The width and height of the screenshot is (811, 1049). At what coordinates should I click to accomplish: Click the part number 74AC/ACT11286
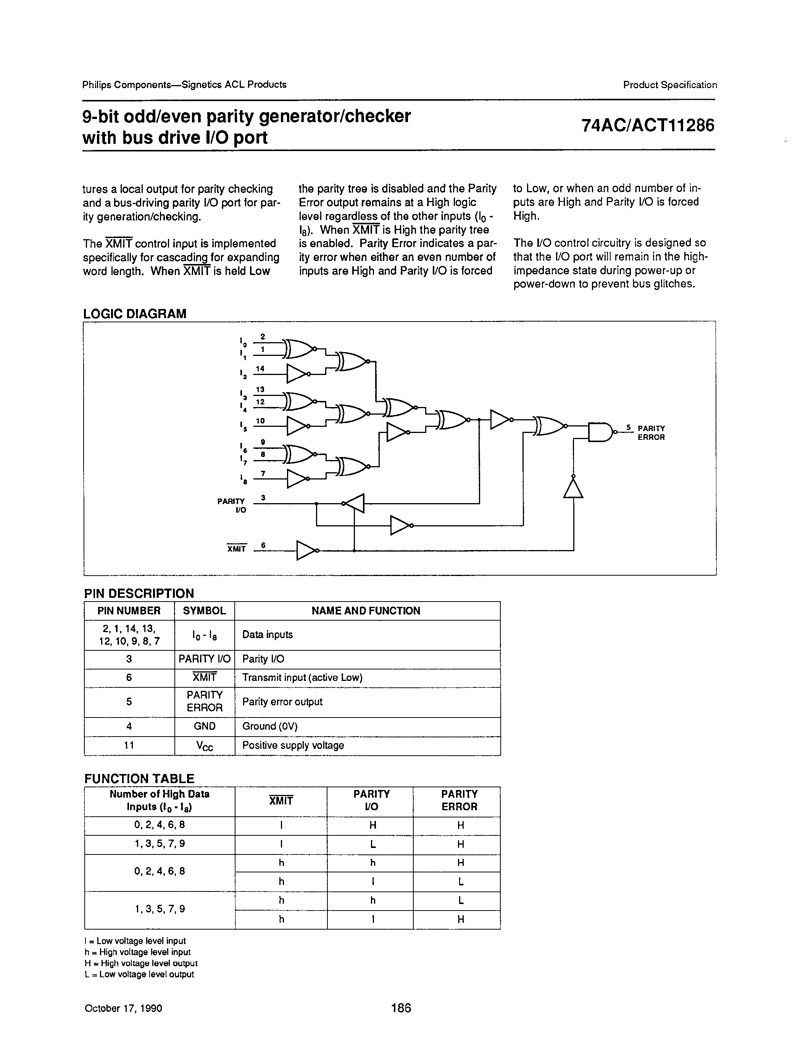click(x=647, y=125)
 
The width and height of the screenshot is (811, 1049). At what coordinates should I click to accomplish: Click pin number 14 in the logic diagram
click(x=260, y=368)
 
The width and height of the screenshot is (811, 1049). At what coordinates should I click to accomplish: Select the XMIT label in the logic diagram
click(x=236, y=549)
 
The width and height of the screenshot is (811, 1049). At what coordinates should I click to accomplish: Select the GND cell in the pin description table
click(x=205, y=726)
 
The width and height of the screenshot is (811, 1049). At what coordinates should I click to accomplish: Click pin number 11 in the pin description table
click(x=129, y=745)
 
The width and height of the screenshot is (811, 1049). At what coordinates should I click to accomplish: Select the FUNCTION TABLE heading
click(x=139, y=779)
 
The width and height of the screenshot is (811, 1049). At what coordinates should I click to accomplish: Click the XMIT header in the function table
click(x=281, y=801)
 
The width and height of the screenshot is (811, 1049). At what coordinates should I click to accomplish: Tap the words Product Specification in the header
click(x=670, y=85)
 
